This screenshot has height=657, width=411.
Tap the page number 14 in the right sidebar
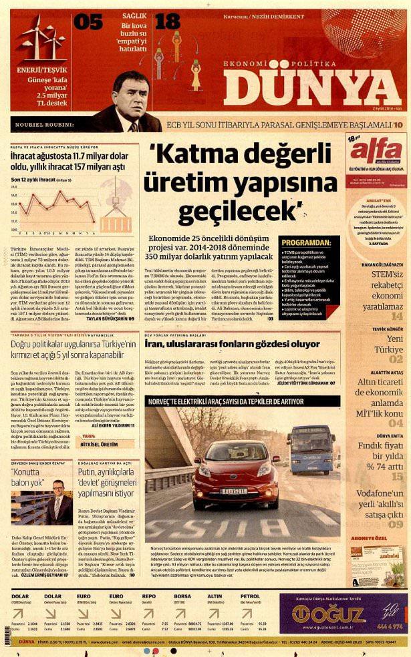[397, 316]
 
